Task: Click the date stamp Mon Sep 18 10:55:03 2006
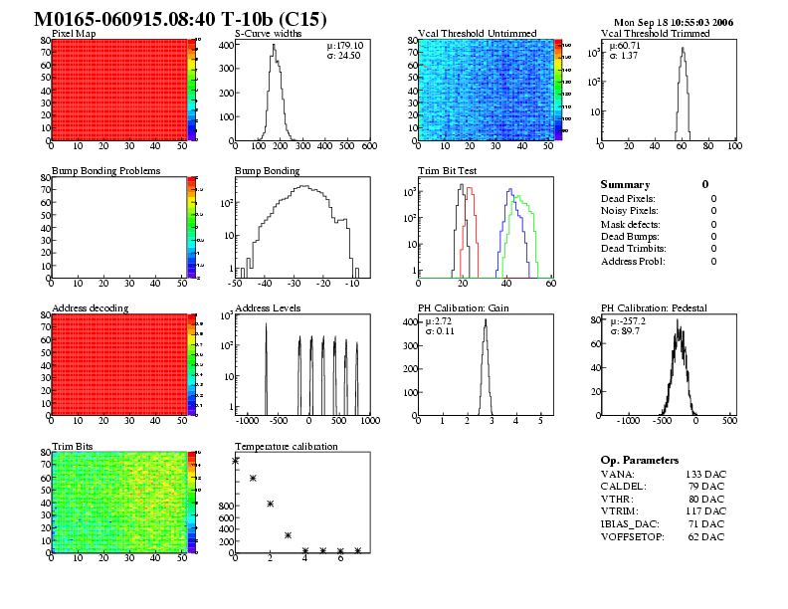tap(674, 21)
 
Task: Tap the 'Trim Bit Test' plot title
tap(447, 171)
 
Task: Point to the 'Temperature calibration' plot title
tap(286, 446)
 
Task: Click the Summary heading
tap(626, 184)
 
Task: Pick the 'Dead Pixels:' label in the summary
tap(629, 198)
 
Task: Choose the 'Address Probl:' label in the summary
tap(633, 261)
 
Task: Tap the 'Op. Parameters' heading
tap(640, 460)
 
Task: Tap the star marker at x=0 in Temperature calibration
tap(235, 461)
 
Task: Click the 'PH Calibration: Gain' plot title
tap(463, 308)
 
